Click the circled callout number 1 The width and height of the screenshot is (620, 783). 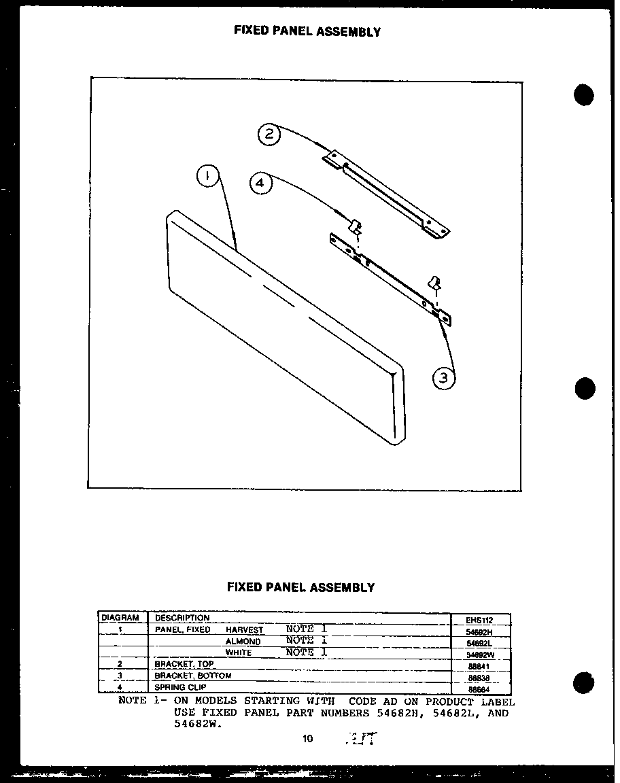[x=207, y=177]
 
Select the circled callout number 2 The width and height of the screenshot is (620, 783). [x=269, y=134]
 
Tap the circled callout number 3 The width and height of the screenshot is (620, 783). [x=444, y=378]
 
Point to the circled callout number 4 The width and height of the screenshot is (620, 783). [x=260, y=183]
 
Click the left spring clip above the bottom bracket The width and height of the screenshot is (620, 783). [x=355, y=226]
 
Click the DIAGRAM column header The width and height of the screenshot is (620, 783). [x=120, y=618]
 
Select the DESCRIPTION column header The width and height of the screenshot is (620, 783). [x=182, y=618]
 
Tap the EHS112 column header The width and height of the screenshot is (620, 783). [x=479, y=620]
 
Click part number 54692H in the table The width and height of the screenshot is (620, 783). [x=479, y=631]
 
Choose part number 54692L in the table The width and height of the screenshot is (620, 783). [x=479, y=643]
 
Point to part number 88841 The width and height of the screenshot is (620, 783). [x=479, y=666]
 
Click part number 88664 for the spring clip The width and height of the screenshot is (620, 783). [x=479, y=689]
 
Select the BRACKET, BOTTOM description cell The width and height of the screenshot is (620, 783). [x=193, y=676]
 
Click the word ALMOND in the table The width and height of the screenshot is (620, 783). [x=243, y=642]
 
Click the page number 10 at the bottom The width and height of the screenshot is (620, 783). [x=308, y=739]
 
